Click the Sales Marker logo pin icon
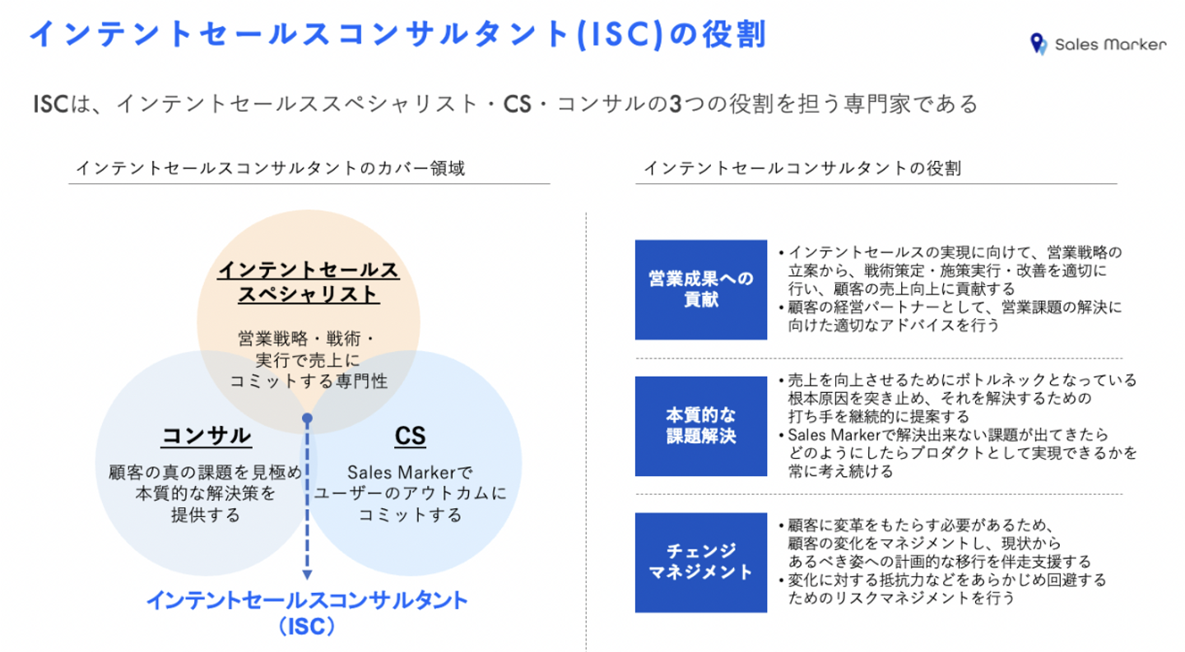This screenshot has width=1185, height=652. click(1038, 44)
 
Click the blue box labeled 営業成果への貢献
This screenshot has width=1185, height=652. click(700, 289)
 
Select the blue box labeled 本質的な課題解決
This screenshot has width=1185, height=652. click(700, 425)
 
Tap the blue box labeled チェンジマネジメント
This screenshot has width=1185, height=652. click(700, 562)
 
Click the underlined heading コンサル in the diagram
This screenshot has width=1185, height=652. click(206, 436)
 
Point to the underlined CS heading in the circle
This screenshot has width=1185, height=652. click(410, 436)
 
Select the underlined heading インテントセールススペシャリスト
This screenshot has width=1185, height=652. click(308, 282)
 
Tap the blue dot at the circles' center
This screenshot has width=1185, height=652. click(307, 418)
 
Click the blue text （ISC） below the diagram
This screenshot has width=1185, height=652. click(306, 627)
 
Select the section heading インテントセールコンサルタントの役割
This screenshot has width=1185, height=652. click(802, 169)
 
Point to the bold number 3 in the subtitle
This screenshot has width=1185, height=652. click(675, 104)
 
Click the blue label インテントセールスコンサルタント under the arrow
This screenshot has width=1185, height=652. click(306, 600)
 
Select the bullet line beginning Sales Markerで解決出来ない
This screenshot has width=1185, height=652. click(946, 434)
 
